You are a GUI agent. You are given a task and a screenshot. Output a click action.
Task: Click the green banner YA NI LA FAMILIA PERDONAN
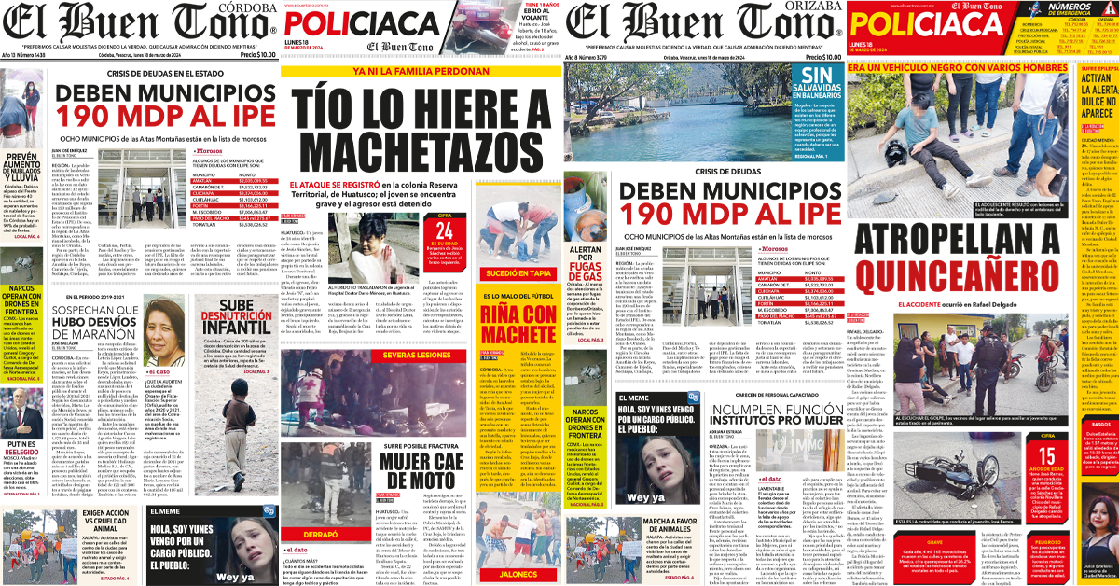419,71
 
